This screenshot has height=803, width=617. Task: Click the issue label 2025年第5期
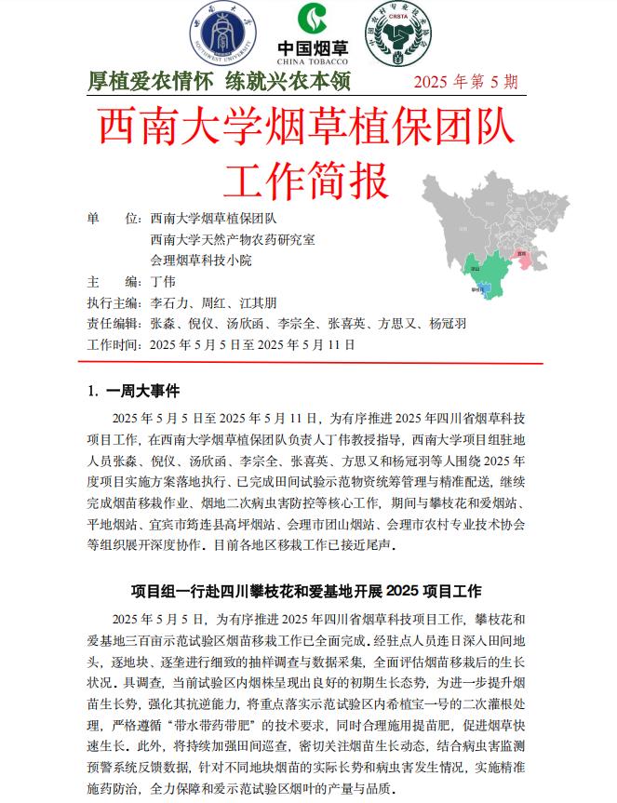point(466,83)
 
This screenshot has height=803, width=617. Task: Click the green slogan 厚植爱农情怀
point(150,82)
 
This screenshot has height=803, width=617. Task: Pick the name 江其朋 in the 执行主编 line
point(257,303)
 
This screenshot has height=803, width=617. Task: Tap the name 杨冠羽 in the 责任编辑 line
point(448,324)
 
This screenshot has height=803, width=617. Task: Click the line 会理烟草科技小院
point(200,261)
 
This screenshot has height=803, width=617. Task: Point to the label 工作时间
point(113,344)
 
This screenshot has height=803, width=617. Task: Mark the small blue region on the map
point(482,289)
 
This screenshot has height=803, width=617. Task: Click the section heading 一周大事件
point(142,391)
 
